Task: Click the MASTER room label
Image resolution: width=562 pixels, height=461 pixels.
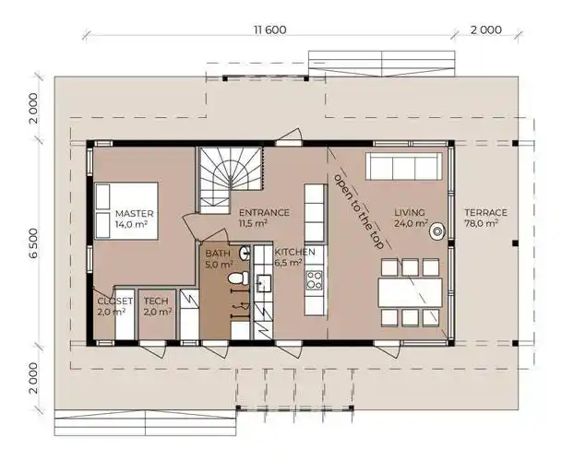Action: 134,213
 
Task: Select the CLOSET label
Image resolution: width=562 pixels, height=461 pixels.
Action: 115,301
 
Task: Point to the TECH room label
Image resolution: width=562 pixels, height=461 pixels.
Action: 155,301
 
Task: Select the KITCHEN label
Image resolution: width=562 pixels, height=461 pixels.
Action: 294,251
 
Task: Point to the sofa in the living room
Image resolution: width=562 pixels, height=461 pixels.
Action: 401,166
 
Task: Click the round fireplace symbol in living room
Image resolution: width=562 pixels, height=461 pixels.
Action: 436,232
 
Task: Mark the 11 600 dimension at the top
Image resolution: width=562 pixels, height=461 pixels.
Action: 269,30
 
